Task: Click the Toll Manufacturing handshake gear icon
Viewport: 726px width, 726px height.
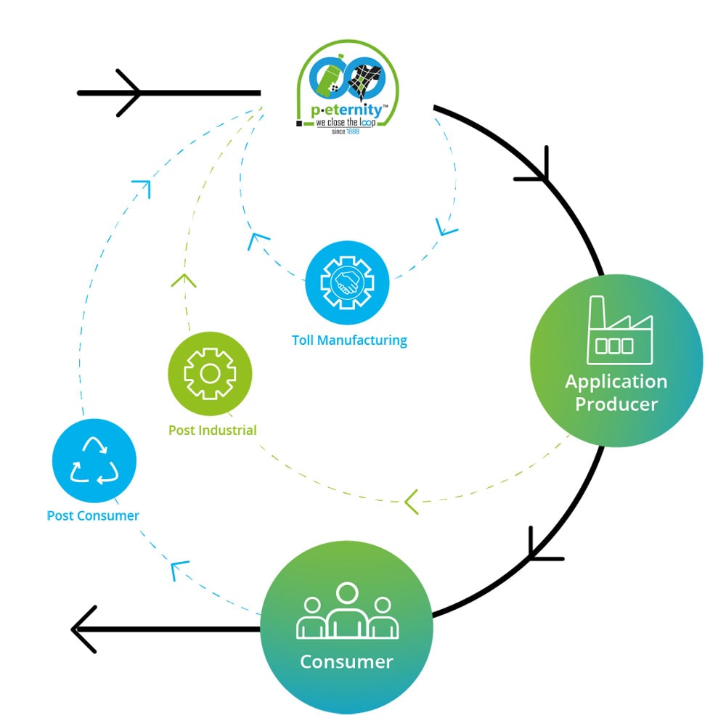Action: [x=347, y=282]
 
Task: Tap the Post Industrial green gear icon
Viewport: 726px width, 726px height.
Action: [x=210, y=374]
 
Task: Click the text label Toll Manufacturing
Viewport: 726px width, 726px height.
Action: [x=349, y=340]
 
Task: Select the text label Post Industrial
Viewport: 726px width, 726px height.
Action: [x=212, y=430]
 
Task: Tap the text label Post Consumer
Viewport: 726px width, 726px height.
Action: [x=93, y=515]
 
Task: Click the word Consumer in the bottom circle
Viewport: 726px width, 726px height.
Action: [x=346, y=661]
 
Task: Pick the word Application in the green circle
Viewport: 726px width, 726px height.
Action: [x=616, y=381]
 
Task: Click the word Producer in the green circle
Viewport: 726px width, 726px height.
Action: [x=616, y=404]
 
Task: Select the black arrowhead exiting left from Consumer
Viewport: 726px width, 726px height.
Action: [x=83, y=629]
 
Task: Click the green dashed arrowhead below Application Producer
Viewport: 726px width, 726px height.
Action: [x=412, y=502]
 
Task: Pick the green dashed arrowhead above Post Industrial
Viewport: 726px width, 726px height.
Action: [x=184, y=280]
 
